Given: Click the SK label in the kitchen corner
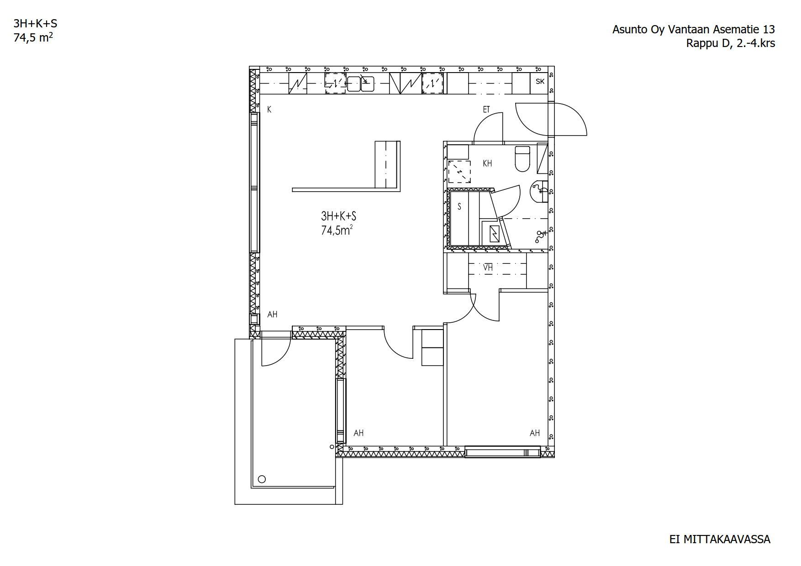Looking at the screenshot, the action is [x=540, y=82].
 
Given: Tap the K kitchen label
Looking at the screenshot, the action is [x=269, y=110].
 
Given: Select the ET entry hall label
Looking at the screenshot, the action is [x=486, y=110].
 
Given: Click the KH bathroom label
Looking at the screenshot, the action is [x=487, y=163].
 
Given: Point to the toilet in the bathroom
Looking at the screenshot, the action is [x=522, y=158].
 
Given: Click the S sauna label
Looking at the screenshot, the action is [x=459, y=207].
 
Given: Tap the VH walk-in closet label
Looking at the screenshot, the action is [x=488, y=268].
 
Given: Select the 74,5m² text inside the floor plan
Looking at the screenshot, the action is [x=337, y=230].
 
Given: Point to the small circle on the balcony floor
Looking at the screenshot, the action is [x=262, y=479].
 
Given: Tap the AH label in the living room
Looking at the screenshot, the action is [x=272, y=314].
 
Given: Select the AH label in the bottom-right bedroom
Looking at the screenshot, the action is [x=535, y=433].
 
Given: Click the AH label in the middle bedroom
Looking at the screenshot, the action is [x=358, y=433].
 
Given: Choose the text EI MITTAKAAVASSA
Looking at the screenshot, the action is [x=720, y=540].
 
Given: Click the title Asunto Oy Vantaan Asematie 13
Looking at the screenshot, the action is [x=694, y=30].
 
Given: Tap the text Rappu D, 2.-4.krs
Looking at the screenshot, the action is [x=731, y=43].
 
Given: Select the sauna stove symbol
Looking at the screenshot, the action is [x=495, y=234].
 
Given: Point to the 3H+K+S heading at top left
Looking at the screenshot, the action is [x=35, y=24].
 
